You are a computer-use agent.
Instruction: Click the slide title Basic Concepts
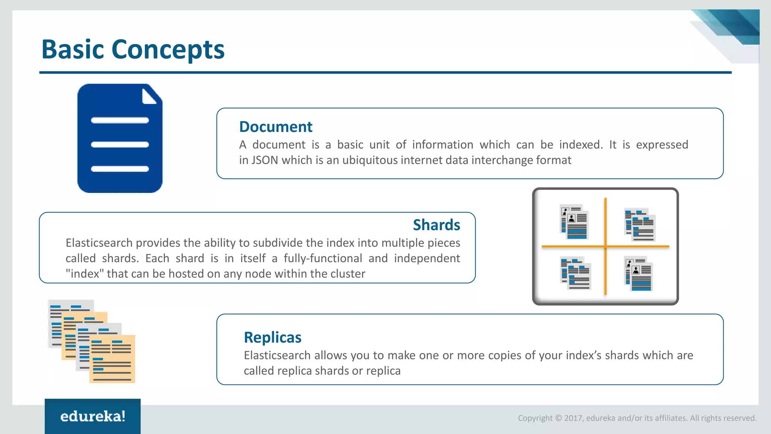click(x=133, y=49)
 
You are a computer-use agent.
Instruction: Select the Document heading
click(x=276, y=127)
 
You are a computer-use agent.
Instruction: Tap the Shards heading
click(x=436, y=225)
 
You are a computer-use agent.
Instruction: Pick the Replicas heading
click(x=273, y=338)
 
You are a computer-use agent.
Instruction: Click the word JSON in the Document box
click(x=265, y=160)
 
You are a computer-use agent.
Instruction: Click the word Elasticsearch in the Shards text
click(x=99, y=243)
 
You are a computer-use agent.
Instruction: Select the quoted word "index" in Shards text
click(x=85, y=274)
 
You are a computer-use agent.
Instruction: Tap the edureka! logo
click(x=93, y=416)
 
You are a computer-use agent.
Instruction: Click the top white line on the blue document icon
click(x=120, y=121)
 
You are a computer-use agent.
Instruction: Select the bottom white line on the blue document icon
click(x=120, y=169)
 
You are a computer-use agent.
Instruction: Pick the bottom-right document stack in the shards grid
click(x=638, y=274)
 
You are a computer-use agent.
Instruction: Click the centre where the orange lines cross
click(x=605, y=246)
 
